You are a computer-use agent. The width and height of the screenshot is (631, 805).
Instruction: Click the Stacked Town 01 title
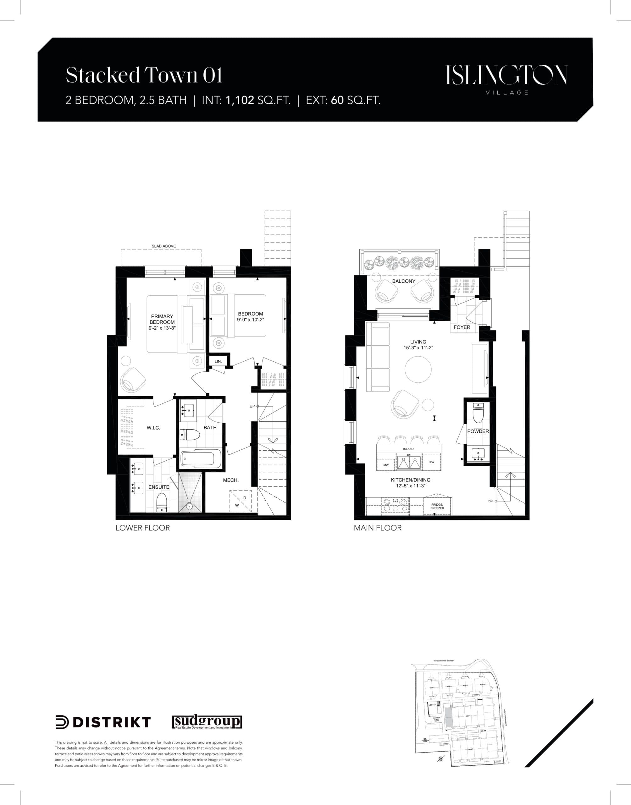144,75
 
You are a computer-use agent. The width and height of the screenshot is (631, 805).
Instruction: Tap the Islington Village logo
506,79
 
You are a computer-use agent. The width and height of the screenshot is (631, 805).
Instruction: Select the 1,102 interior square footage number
240,100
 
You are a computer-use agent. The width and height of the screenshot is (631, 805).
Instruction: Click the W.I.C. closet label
153,428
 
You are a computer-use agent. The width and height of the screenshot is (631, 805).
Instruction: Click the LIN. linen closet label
218,361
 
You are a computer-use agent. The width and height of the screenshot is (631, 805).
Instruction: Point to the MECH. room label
230,480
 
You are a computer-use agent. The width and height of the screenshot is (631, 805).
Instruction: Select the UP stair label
252,406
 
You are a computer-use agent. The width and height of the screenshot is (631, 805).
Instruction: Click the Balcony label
403,281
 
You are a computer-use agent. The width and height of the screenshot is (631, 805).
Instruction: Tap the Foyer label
462,327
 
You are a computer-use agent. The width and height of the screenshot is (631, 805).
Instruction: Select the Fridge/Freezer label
437,506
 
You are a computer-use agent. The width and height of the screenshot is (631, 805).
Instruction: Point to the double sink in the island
409,462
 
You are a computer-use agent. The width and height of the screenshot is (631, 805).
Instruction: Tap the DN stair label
490,501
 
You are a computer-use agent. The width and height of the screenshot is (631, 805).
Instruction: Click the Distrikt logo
103,722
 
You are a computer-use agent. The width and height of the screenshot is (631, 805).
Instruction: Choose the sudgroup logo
207,722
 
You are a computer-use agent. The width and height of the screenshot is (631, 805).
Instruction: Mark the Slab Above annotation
164,246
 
